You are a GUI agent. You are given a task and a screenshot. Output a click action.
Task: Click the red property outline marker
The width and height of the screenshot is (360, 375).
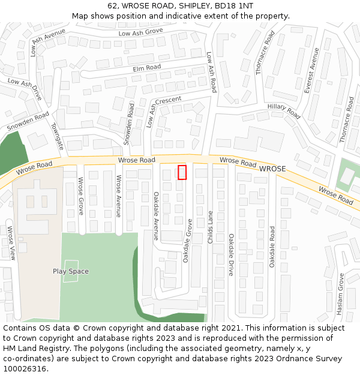point(182,172)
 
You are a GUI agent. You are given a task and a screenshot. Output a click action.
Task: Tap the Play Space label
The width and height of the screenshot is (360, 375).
point(70,271)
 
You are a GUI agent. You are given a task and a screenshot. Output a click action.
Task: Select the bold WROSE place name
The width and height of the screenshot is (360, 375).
point(272,169)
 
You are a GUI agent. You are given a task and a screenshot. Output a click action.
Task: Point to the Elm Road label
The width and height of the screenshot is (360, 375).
point(147,68)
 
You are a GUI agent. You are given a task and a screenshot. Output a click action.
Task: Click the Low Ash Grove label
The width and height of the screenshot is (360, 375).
point(140,32)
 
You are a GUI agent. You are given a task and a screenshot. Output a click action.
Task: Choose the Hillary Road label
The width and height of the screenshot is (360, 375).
point(284,111)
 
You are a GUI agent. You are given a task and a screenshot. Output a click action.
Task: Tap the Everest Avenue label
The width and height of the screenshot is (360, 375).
point(312,71)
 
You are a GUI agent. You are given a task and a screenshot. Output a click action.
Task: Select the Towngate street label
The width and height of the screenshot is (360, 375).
point(57,137)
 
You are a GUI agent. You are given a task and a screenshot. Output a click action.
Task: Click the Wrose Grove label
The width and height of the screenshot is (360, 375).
point(80,196)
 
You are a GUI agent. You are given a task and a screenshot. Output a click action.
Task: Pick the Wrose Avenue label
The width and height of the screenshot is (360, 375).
point(118,196)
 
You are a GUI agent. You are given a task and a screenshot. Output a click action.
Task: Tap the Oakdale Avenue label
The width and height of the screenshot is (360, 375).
point(155,216)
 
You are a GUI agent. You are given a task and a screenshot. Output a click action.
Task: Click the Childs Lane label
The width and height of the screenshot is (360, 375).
point(210,226)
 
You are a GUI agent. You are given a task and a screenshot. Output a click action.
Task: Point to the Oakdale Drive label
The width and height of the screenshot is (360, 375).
point(230,255)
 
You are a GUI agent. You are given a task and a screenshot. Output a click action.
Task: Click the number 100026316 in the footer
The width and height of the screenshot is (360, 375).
point(24,369)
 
